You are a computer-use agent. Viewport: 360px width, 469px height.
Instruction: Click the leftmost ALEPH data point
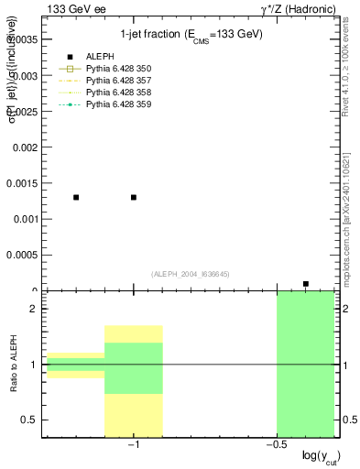(x=76, y=197)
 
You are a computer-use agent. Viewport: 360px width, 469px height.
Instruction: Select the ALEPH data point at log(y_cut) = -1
(x=134, y=197)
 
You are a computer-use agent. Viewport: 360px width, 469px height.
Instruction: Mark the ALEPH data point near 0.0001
(x=306, y=284)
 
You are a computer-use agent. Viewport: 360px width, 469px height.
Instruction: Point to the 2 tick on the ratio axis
(x=32, y=309)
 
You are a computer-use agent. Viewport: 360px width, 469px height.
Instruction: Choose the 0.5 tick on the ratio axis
(x=28, y=420)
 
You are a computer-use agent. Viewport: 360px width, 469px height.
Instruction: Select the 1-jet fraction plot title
(x=191, y=35)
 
